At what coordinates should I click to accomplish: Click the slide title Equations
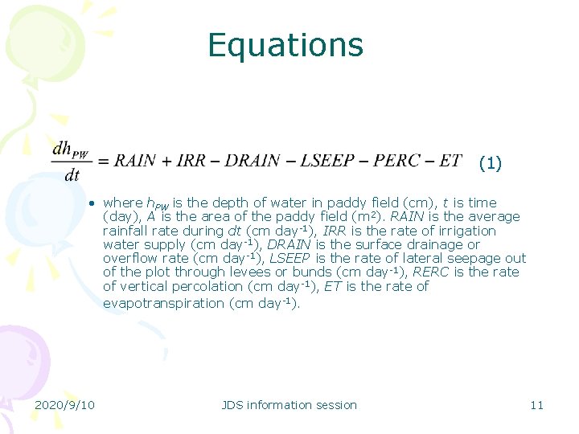[285, 45]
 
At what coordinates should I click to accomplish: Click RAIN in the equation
[134, 160]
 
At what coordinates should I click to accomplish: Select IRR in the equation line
[191, 160]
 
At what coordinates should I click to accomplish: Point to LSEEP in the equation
[327, 160]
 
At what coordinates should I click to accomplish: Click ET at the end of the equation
[451, 160]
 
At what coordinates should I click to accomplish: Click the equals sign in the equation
[103, 161]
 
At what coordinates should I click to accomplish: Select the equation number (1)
[490, 164]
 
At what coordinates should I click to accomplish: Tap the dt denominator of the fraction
[72, 174]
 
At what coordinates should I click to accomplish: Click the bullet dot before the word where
[93, 203]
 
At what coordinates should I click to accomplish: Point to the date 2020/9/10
[64, 404]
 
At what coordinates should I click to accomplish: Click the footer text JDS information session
[289, 404]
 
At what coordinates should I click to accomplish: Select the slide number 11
[536, 404]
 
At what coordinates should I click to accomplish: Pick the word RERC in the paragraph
[431, 272]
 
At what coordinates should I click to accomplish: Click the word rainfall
[127, 231]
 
